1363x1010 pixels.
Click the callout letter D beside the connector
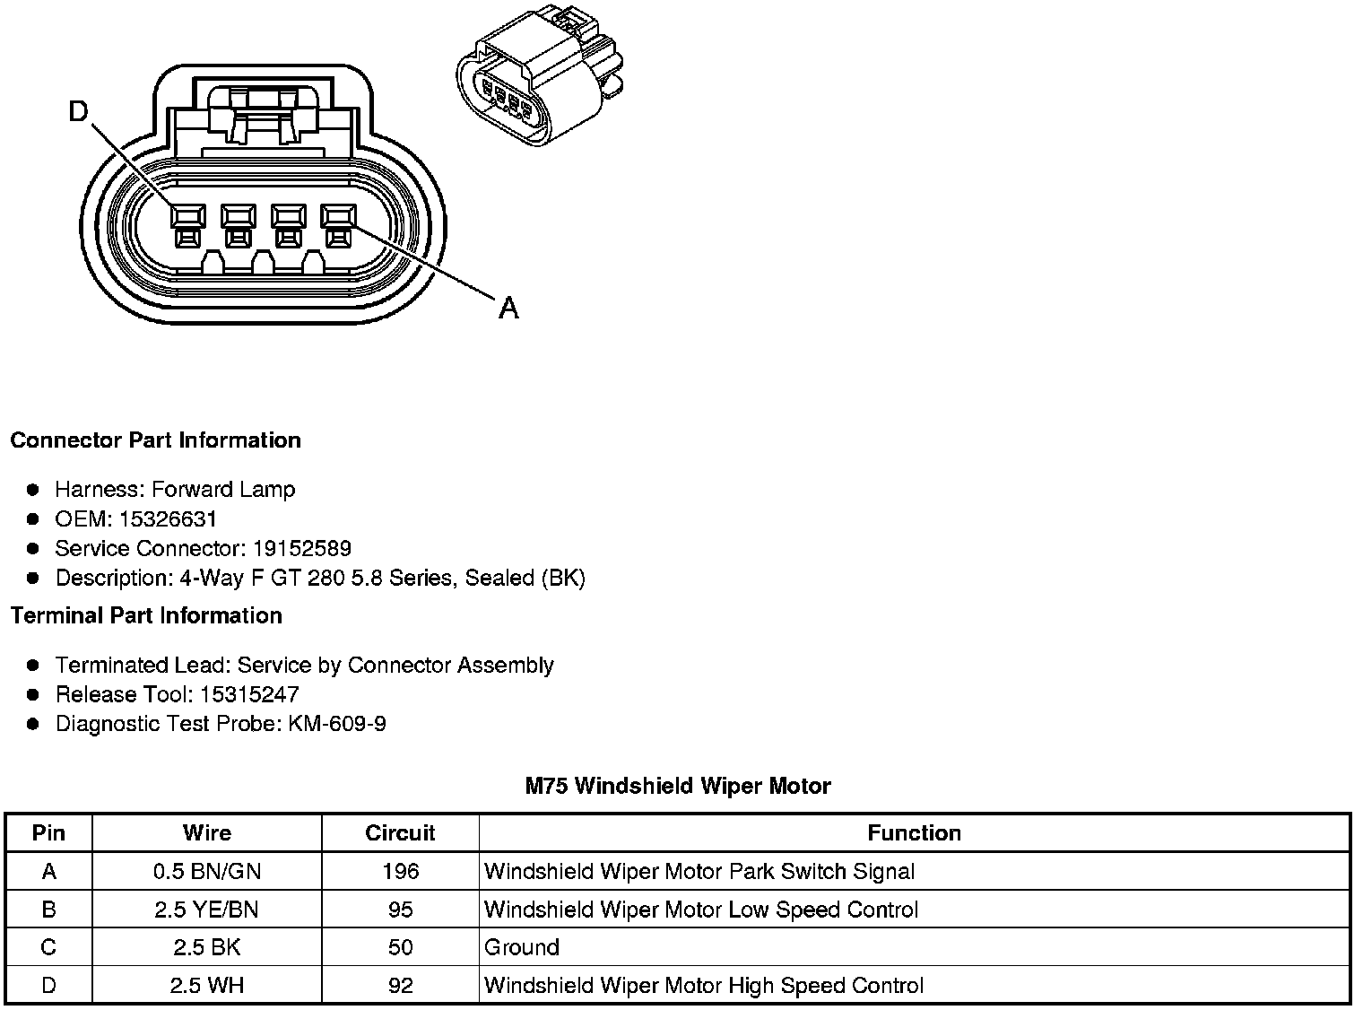click(80, 111)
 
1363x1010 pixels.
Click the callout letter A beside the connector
click(508, 309)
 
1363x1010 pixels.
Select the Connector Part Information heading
click(155, 440)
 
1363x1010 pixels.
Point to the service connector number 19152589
click(301, 549)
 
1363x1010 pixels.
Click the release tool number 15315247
click(249, 695)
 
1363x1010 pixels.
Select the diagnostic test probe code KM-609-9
click(337, 724)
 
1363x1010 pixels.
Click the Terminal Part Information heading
click(146, 616)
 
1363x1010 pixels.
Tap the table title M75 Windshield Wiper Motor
click(678, 787)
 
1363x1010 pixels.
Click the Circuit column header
click(400, 833)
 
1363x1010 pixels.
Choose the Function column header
click(914, 833)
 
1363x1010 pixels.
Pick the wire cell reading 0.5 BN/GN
click(207, 871)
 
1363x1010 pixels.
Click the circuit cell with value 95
click(400, 910)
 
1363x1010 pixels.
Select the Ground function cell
click(522, 948)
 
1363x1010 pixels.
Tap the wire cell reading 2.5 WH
click(207, 986)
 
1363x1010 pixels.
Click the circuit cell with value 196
click(400, 871)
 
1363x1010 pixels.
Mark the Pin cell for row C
click(48, 948)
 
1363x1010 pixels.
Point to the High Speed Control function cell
click(703, 986)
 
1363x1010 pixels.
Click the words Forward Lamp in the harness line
click(223, 490)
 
